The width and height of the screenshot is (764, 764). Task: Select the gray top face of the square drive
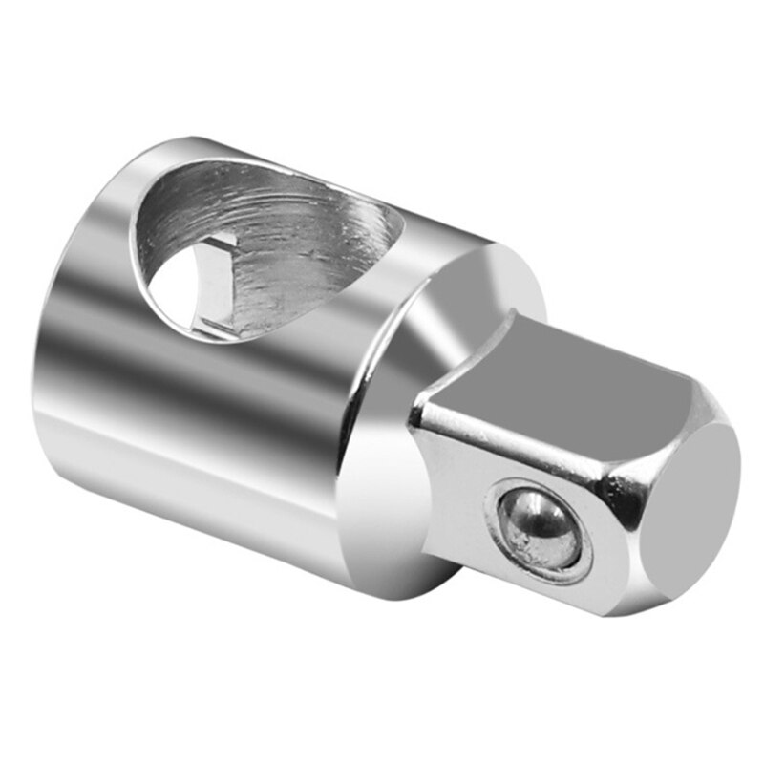click(x=563, y=368)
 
